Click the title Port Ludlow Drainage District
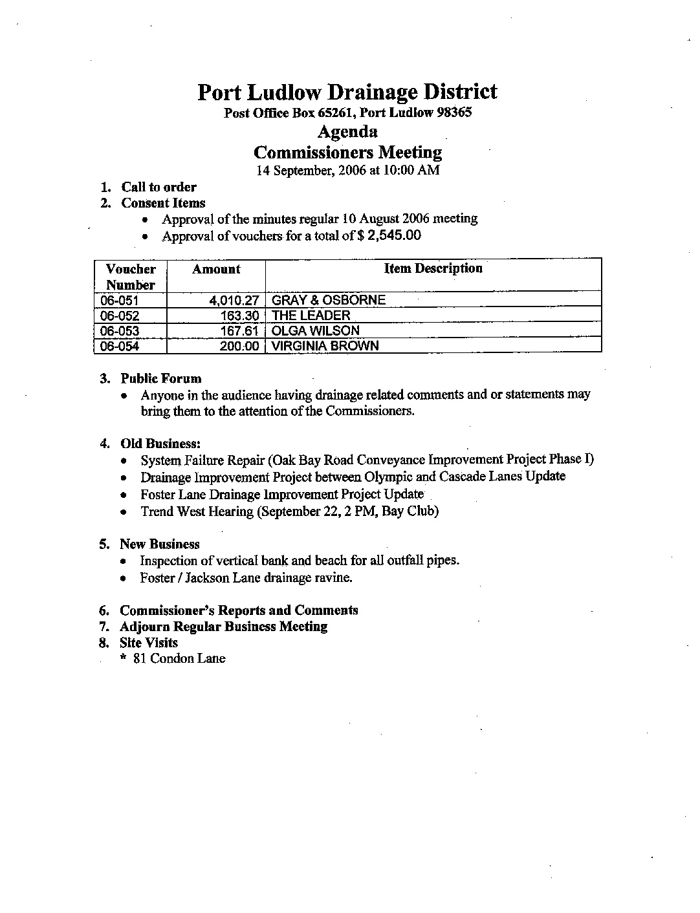pyautogui.click(x=347, y=92)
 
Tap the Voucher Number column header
pyautogui.click(x=131, y=277)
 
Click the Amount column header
pyautogui.click(x=216, y=270)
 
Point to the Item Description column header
pyautogui.click(x=433, y=268)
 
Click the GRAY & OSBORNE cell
pyautogui.click(x=328, y=300)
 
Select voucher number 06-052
pyautogui.click(x=120, y=316)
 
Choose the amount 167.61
pyautogui.click(x=241, y=331)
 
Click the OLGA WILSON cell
pyautogui.click(x=316, y=331)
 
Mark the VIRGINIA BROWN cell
pyautogui.click(x=325, y=346)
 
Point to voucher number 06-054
pyautogui.click(x=120, y=347)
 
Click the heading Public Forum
pyautogui.click(x=161, y=379)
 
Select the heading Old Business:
pyautogui.click(x=160, y=444)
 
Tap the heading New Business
pyautogui.click(x=159, y=544)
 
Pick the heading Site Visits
pyautogui.click(x=148, y=643)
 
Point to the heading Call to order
pyautogui.click(x=159, y=188)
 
